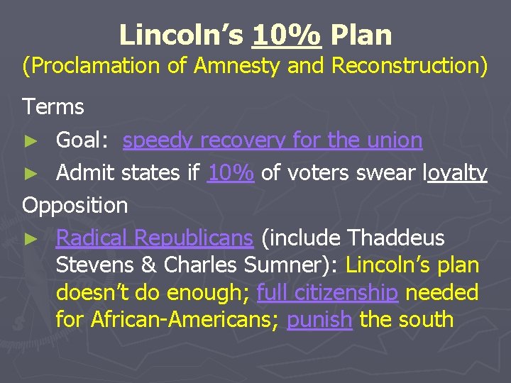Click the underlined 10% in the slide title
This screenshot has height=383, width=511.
[285, 34]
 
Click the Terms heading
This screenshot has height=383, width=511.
[53, 107]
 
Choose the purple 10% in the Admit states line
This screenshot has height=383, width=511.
[231, 172]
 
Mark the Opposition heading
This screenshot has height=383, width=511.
[75, 206]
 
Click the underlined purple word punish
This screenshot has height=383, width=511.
[319, 319]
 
